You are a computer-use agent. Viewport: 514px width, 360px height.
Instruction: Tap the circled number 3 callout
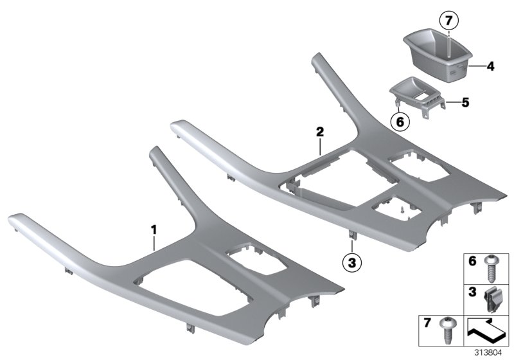pos(351,262)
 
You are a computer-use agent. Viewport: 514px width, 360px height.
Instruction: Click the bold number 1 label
pos(153,229)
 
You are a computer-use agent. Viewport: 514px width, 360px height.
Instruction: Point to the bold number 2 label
pos(319,132)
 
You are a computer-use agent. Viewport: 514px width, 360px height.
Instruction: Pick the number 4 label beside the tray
pos(490,66)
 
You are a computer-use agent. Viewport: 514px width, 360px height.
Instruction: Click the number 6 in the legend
pos(472,262)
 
